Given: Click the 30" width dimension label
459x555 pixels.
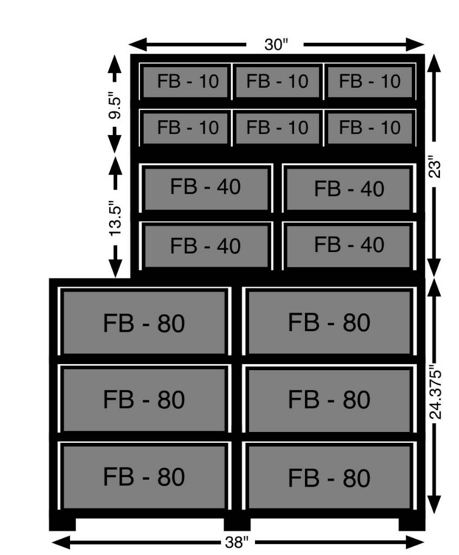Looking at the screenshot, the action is [276, 44].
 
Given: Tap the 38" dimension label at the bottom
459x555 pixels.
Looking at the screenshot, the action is [237, 542].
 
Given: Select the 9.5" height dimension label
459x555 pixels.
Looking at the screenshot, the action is [115, 105].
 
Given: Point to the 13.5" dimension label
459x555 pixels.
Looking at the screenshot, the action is [115, 218].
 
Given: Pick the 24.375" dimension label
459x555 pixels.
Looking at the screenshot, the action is [435, 395].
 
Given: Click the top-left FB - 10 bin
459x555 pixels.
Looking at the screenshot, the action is [185, 81].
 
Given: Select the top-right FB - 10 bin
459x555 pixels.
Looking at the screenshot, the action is [369, 81].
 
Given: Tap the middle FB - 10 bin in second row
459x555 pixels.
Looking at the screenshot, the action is [278, 128].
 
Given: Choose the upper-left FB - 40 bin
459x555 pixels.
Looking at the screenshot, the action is [206, 188].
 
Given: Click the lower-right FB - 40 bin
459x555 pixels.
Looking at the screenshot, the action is [349, 246].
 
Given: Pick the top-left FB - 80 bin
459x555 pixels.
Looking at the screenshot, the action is [144, 322].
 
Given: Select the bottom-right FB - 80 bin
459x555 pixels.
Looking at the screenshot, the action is [329, 477].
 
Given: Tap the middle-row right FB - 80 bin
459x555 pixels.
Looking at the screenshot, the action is [329, 399].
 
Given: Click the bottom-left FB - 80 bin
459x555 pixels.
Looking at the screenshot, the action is [144, 477].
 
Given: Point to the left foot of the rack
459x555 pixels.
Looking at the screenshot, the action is [62, 524].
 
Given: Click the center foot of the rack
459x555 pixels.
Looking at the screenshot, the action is [237, 524].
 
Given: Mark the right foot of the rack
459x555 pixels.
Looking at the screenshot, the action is [411, 524].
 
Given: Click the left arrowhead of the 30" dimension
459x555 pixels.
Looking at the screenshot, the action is [137, 44].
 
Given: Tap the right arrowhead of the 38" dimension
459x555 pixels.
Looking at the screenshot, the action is [415, 542].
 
